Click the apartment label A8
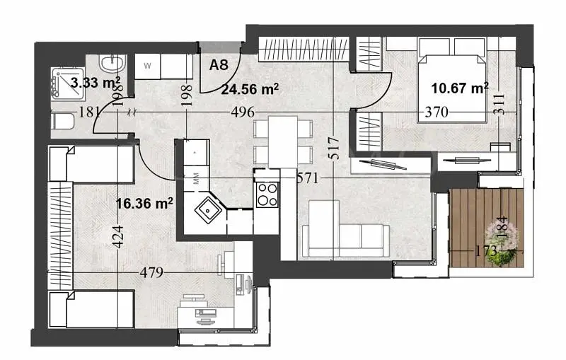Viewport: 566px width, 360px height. click(219, 65)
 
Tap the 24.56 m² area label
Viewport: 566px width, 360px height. click(249, 89)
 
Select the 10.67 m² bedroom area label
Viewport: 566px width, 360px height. click(461, 88)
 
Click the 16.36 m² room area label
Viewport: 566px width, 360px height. click(145, 204)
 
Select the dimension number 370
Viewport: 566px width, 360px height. click(437, 112)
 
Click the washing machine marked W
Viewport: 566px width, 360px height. click(148, 66)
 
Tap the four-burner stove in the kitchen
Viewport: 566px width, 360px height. click(267, 194)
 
